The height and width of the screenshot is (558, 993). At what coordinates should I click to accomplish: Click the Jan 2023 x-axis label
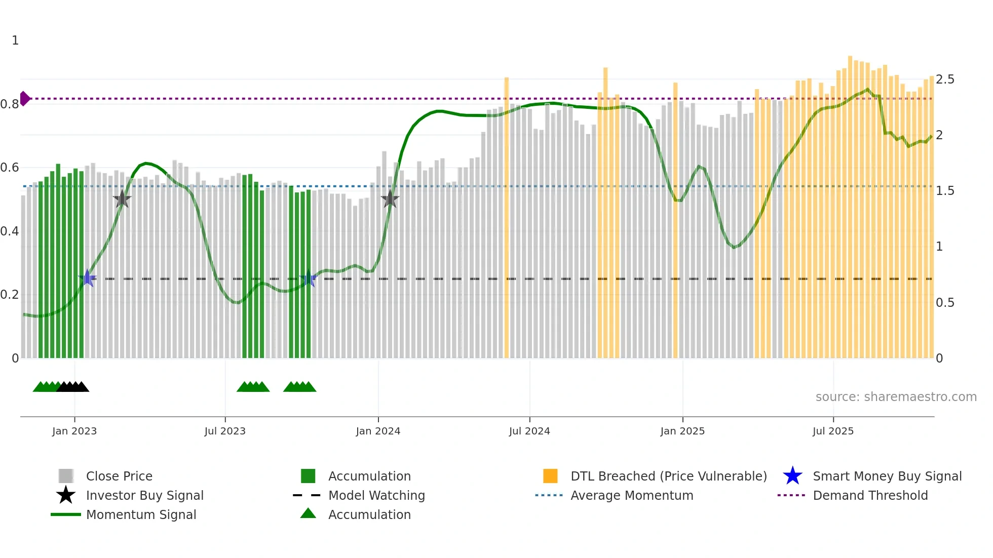pos(74,431)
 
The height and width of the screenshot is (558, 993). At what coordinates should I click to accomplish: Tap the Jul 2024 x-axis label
pos(529,431)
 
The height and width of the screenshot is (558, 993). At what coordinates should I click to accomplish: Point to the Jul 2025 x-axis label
pos(833,431)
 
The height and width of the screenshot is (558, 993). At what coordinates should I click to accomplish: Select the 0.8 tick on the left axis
pos(10,104)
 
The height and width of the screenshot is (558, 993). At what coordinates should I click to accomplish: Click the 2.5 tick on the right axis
pos(945,79)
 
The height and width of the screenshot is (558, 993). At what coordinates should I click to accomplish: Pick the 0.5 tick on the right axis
pos(945,303)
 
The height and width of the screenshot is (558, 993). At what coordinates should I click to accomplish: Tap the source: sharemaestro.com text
pos(896,397)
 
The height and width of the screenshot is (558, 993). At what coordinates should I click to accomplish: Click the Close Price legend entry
pos(119,476)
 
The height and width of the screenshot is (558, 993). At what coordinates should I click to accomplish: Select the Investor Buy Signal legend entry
pos(144,495)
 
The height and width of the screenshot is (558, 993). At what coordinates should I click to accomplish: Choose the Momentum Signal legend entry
pos(141,514)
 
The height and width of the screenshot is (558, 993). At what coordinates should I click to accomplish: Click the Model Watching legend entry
pos(376,495)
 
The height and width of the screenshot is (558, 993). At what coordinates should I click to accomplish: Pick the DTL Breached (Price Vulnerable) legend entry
pos(668,476)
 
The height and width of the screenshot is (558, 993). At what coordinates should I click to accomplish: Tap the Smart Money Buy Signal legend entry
pos(887,476)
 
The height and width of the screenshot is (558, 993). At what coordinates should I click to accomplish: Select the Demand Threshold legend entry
pos(870,495)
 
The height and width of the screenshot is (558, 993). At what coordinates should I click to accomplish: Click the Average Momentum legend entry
pos(631,495)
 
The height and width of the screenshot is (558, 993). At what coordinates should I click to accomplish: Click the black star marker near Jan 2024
pos(390,199)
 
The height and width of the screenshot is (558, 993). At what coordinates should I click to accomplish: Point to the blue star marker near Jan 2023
pos(87,278)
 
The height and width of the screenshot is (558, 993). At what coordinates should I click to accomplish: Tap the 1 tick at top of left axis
pos(15,41)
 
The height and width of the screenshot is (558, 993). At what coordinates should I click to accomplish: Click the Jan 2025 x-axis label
pos(682,431)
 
